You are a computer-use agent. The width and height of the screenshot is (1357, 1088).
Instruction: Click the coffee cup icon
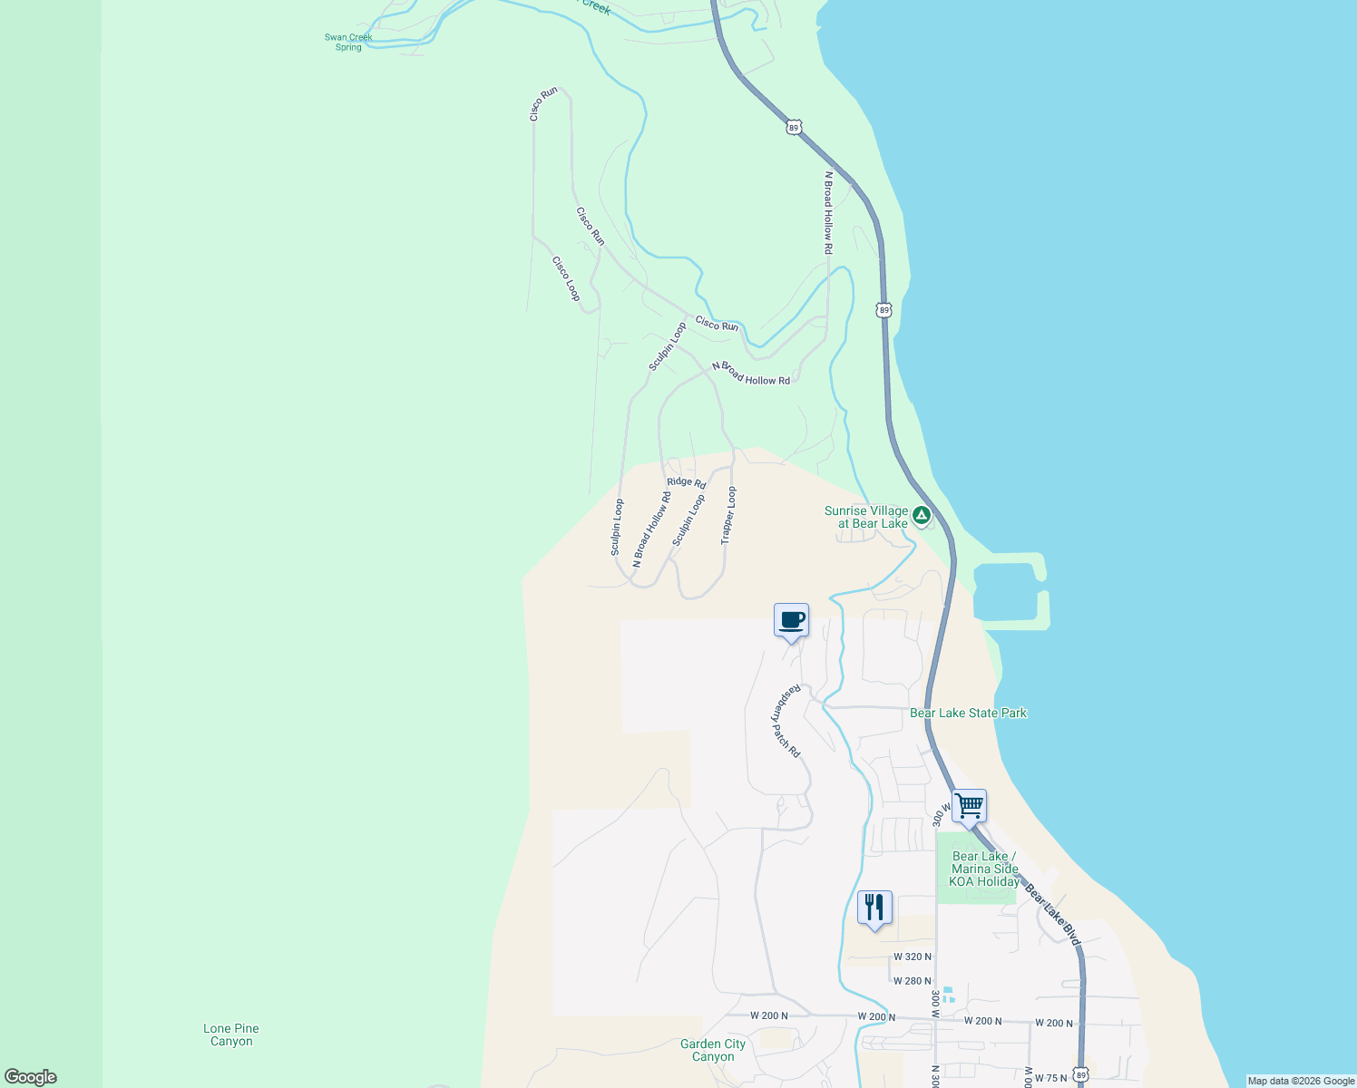click(791, 620)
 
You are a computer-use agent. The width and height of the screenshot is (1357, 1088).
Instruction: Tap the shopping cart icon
click(969, 805)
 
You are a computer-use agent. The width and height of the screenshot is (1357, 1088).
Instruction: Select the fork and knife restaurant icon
click(874, 907)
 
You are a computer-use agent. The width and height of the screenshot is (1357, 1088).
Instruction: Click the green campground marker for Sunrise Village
click(922, 516)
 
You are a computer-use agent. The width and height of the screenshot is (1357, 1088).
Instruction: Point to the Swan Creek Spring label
click(348, 43)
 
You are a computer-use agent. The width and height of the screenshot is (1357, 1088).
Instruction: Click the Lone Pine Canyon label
click(231, 1035)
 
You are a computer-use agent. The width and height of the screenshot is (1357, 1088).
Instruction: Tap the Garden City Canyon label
click(713, 1050)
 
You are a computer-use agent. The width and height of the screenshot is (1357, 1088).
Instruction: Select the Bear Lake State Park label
click(968, 713)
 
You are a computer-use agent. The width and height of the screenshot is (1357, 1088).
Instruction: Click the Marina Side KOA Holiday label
click(984, 869)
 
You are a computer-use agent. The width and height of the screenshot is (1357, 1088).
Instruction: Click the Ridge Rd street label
click(686, 482)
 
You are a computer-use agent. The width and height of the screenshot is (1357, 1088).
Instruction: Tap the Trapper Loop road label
click(728, 516)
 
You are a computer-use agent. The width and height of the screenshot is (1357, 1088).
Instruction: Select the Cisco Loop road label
click(566, 278)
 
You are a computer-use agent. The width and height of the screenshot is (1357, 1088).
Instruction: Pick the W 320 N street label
click(912, 957)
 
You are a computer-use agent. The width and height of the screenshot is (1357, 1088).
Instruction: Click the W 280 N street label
click(912, 981)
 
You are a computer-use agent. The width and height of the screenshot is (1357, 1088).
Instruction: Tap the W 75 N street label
click(1050, 1078)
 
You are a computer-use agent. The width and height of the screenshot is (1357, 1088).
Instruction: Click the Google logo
click(31, 1077)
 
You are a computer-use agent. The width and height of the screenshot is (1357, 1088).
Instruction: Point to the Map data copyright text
click(1301, 1081)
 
